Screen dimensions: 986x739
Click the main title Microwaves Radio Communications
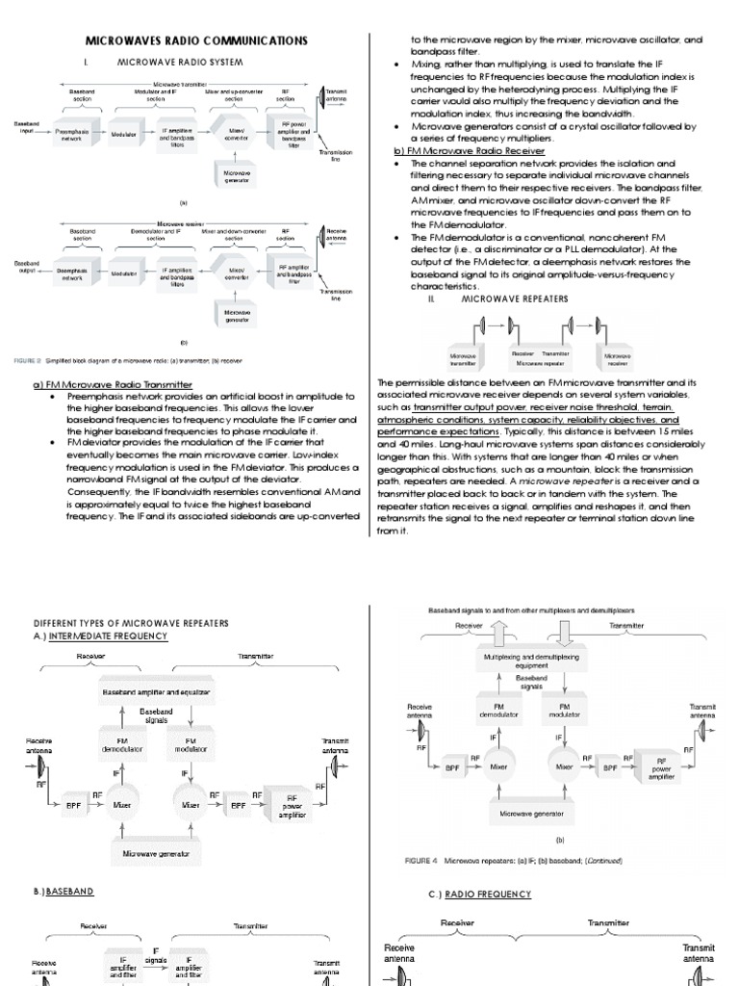point(184,40)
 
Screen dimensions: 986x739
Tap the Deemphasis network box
point(73,273)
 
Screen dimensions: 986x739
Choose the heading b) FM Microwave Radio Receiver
point(469,152)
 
